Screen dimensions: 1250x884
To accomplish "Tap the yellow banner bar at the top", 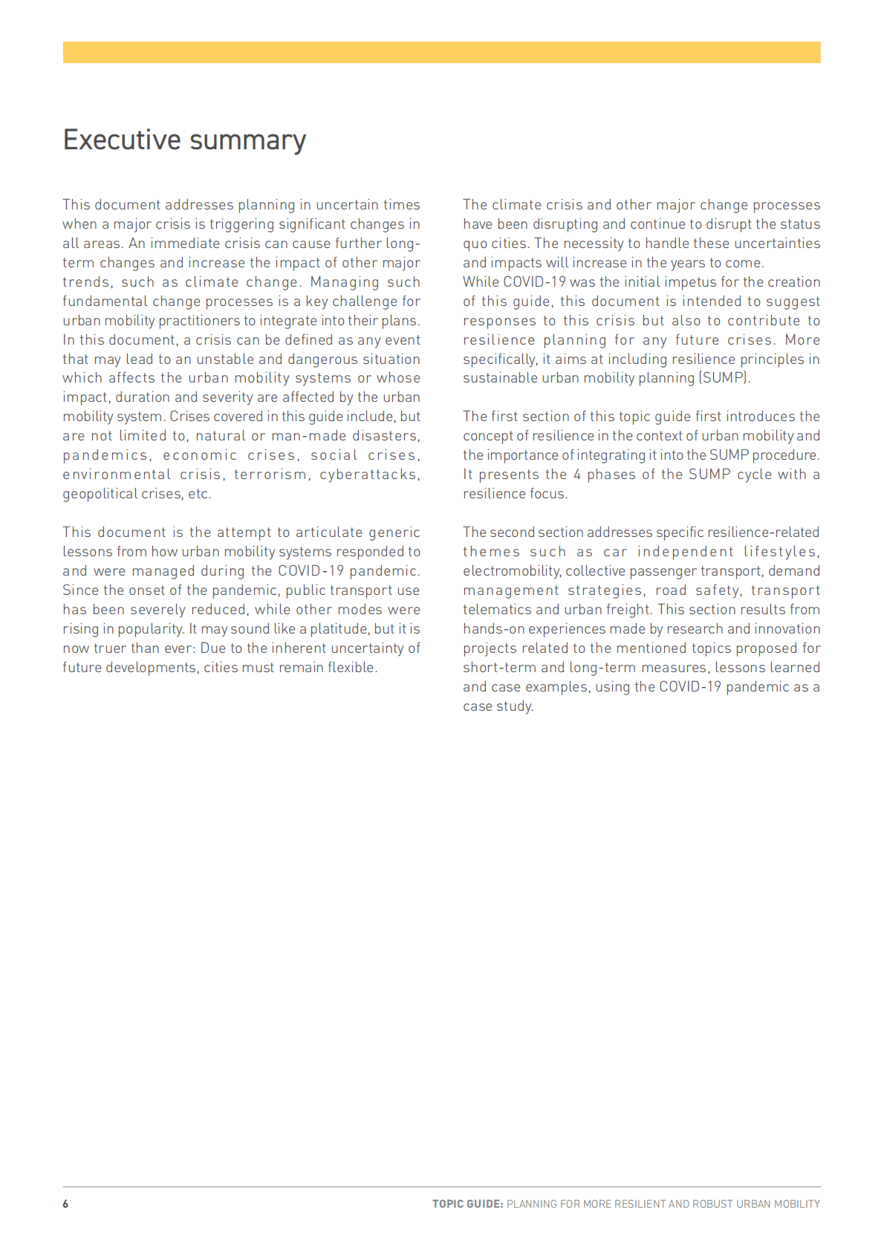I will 441,52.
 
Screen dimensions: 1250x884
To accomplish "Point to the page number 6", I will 65,1204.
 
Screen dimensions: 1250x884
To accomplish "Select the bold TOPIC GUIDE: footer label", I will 467,1204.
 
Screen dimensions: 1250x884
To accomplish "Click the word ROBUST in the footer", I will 712,1204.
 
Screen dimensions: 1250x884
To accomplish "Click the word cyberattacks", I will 369,475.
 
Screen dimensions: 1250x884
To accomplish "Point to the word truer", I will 110,648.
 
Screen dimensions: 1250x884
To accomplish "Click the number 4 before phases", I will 576,475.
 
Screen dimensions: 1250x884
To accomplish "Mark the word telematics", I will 497,610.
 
